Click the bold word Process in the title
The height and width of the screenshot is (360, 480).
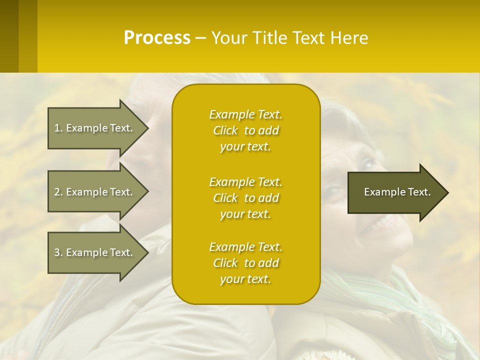click(157, 38)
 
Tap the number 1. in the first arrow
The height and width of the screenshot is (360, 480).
click(58, 128)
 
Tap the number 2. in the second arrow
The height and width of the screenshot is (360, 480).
click(58, 192)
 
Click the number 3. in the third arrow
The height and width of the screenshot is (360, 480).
click(58, 252)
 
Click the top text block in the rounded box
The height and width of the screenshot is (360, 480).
click(245, 130)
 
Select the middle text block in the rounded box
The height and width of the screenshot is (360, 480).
click(245, 198)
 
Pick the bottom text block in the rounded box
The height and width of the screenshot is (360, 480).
click(245, 263)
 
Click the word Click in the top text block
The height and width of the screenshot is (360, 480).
click(225, 130)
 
